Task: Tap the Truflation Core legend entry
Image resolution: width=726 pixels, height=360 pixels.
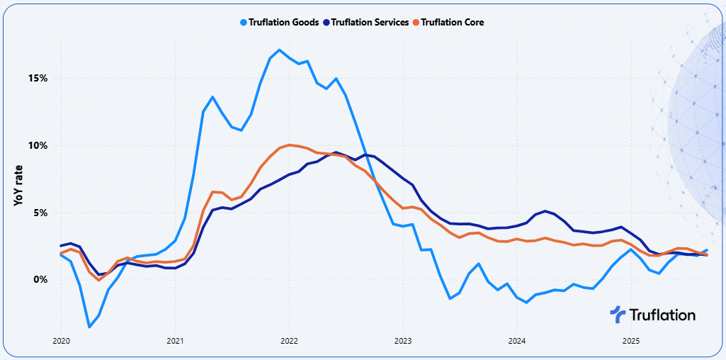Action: click(x=453, y=22)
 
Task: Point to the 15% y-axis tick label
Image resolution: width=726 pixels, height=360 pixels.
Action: click(x=38, y=78)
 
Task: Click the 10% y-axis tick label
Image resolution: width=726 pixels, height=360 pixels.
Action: click(x=38, y=145)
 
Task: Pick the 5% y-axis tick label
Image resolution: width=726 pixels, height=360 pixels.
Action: click(x=40, y=213)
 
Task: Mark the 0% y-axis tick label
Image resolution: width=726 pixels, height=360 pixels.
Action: click(x=40, y=279)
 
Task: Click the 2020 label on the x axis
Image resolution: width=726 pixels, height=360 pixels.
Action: click(x=61, y=341)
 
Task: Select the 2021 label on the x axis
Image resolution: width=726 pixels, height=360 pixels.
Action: click(x=175, y=341)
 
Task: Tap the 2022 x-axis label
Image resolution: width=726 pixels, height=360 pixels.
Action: click(x=289, y=341)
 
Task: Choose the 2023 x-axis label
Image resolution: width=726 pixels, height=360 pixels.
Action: click(x=403, y=341)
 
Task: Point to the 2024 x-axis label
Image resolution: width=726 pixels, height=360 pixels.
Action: click(x=517, y=341)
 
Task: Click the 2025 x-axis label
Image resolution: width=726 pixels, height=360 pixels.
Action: click(x=631, y=341)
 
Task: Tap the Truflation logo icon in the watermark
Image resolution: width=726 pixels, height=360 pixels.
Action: click(x=618, y=315)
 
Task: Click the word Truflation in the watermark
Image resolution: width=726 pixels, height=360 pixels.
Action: click(x=662, y=315)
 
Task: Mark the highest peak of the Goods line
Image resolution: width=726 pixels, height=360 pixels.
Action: click(x=280, y=50)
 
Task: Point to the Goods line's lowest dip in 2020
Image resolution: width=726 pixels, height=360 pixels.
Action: click(x=89, y=327)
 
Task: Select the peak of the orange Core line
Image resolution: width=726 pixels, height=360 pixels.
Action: click(x=290, y=145)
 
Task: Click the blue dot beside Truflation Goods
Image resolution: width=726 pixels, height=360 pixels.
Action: click(x=244, y=22)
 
